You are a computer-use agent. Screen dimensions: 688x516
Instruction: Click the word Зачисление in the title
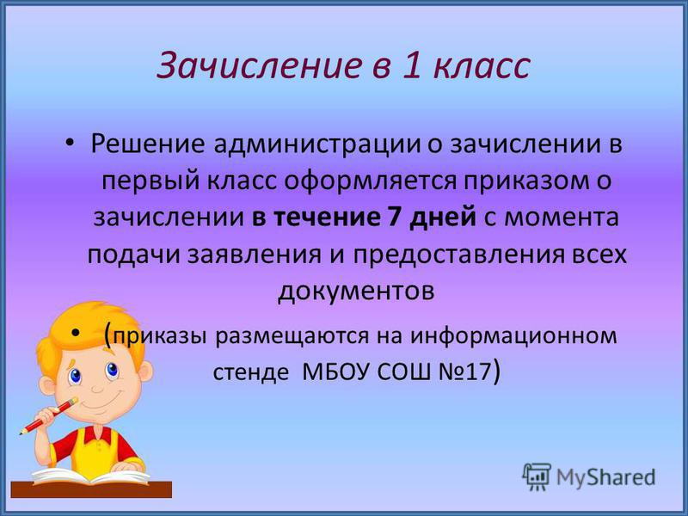pyautogui.click(x=259, y=65)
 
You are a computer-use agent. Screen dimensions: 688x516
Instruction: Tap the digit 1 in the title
pyautogui.click(x=411, y=65)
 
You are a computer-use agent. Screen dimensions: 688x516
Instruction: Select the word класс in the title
pyautogui.click(x=481, y=67)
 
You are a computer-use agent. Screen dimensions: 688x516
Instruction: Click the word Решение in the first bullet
pyautogui.click(x=147, y=144)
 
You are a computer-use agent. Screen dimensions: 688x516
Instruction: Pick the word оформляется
pyautogui.click(x=370, y=181)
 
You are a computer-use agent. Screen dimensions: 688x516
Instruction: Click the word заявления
pyautogui.click(x=254, y=255)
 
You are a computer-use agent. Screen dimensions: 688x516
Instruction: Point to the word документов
pyautogui.click(x=356, y=292)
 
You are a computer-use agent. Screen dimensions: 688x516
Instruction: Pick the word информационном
pyautogui.click(x=513, y=336)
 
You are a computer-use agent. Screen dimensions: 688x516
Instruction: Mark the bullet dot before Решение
pyautogui.click(x=71, y=143)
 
